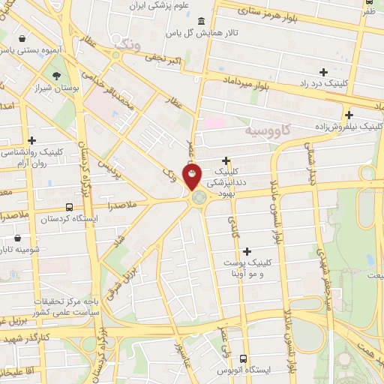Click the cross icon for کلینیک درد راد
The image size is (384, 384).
coord(323,73)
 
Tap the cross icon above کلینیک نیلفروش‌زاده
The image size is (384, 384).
coord(349,115)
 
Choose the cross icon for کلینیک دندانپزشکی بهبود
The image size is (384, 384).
coord(226,160)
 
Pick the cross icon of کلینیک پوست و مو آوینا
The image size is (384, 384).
coord(247,250)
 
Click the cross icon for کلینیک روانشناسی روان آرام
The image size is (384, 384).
coord(32,139)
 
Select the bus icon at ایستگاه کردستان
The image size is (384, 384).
coord(69,208)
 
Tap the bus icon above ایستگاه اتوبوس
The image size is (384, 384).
coord(243,358)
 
